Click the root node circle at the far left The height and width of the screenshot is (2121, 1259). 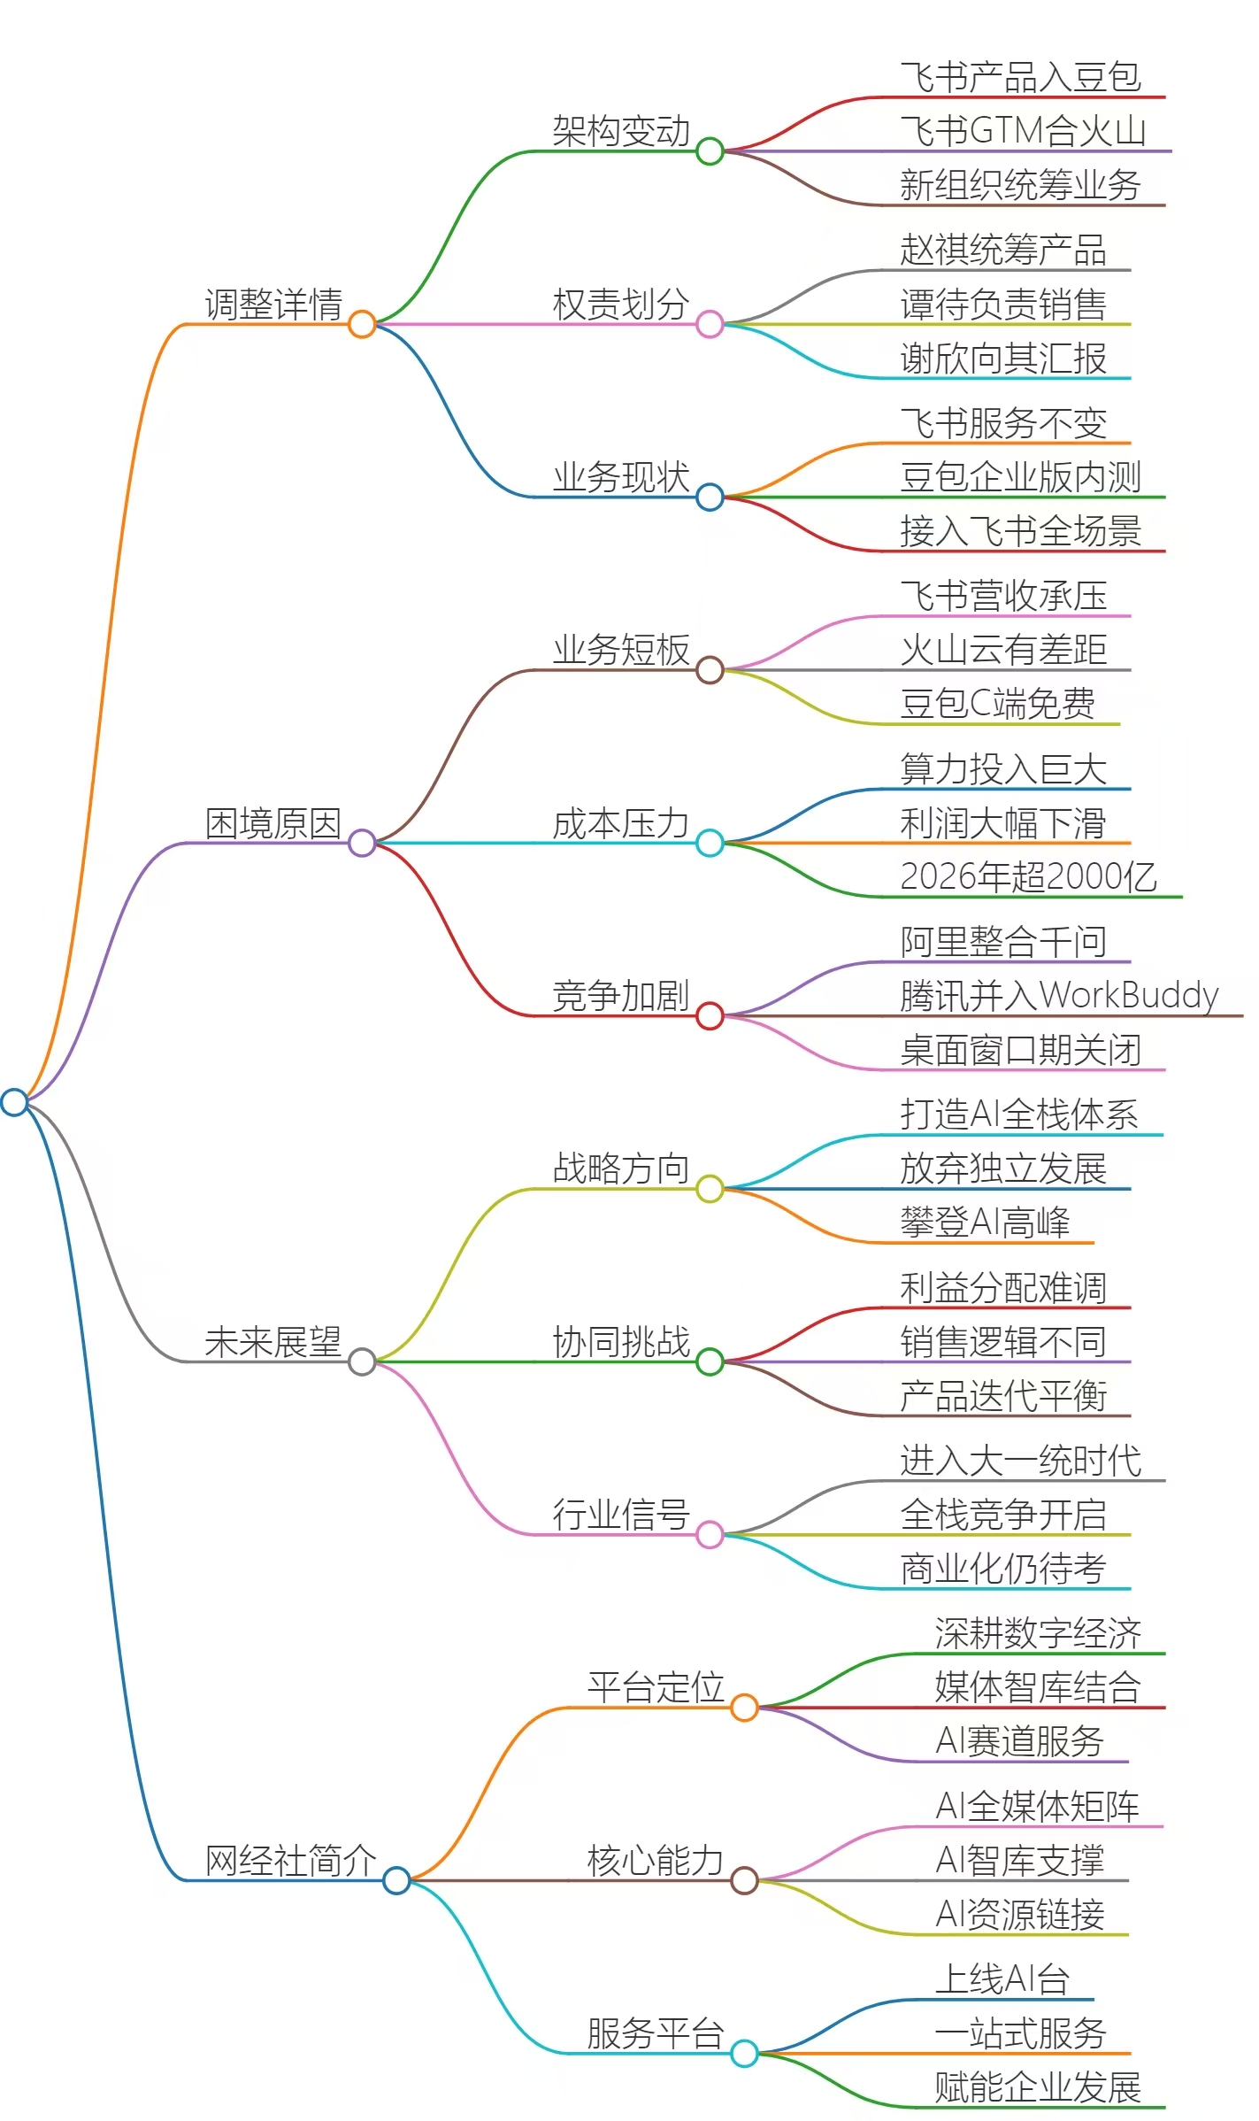(x=14, y=1102)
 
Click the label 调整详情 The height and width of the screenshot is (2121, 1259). (x=273, y=304)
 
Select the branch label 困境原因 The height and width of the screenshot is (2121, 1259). (x=273, y=822)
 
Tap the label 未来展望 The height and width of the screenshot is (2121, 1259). (x=273, y=1341)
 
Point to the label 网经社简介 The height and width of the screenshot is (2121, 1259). (x=291, y=1860)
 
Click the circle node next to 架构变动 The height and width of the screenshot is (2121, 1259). (x=710, y=151)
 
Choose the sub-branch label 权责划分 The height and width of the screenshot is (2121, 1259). (x=621, y=304)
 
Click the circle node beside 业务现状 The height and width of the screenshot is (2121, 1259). (x=710, y=497)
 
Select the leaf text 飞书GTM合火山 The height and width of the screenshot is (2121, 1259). (x=1023, y=131)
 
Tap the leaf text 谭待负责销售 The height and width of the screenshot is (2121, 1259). (x=1003, y=304)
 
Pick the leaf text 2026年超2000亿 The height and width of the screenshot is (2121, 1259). (x=1028, y=876)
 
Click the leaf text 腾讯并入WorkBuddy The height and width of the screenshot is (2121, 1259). (x=1059, y=996)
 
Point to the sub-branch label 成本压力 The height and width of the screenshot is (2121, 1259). (x=621, y=822)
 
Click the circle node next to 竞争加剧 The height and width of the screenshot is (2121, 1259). (x=710, y=1015)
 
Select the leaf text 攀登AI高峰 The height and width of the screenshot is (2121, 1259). (x=985, y=1222)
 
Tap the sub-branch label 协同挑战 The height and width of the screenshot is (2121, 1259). (x=621, y=1341)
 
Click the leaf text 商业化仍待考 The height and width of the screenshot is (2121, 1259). (x=1003, y=1569)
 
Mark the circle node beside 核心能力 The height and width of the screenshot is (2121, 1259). (x=744, y=1880)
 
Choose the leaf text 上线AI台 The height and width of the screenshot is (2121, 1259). (x=1002, y=1979)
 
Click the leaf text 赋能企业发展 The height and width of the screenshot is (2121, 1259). (x=1039, y=2087)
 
